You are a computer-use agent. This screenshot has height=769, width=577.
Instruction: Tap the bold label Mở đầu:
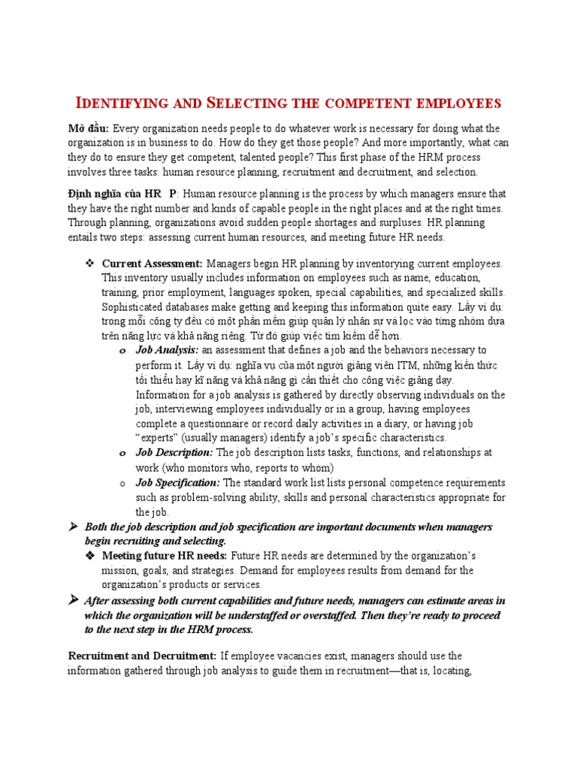(88, 129)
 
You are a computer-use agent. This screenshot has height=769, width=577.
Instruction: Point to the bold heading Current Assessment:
(153, 264)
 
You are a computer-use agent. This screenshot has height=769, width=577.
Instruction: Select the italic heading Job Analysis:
(167, 350)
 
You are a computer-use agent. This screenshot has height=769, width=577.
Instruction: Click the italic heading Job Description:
(174, 453)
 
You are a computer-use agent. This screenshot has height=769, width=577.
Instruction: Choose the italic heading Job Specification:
(177, 482)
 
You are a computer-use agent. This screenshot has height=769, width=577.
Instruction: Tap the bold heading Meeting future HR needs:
(165, 556)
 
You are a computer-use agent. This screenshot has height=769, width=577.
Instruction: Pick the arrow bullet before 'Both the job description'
(74, 526)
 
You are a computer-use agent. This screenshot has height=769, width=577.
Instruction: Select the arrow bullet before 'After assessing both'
(74, 600)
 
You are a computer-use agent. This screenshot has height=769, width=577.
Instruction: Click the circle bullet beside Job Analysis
(122, 351)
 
